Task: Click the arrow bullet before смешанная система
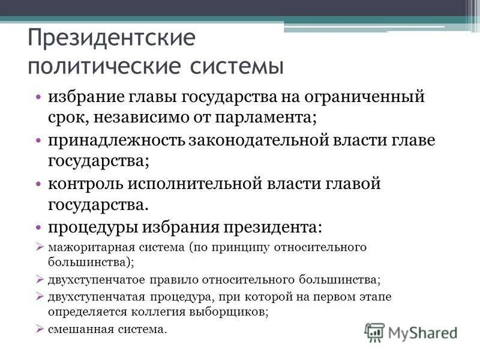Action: (x=40, y=329)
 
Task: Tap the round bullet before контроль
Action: (x=38, y=184)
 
